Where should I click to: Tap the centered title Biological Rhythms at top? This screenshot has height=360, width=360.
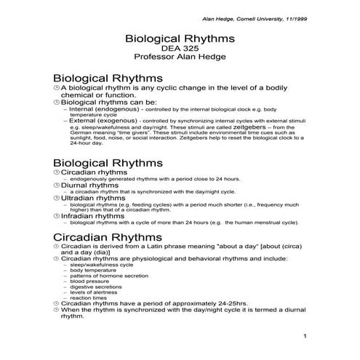click(x=180, y=36)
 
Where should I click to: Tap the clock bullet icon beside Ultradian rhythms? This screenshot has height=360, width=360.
click(x=55, y=197)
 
